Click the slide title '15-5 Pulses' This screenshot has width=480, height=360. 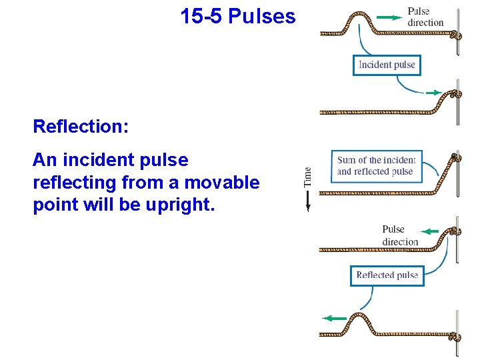coord(237,16)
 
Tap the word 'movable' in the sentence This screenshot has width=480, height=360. coord(223,182)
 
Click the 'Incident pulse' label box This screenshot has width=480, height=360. coord(387,65)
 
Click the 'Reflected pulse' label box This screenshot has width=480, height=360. coord(387,275)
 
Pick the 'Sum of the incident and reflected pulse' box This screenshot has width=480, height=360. coord(376,165)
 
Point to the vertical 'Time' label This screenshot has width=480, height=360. coord(307,177)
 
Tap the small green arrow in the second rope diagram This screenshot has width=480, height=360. coord(433,93)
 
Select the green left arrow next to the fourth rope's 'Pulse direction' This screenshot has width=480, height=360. coord(430,232)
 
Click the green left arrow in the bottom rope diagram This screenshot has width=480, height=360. coord(334,319)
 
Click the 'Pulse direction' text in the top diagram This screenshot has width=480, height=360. coord(425,17)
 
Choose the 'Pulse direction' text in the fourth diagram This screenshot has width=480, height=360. coord(400,235)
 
